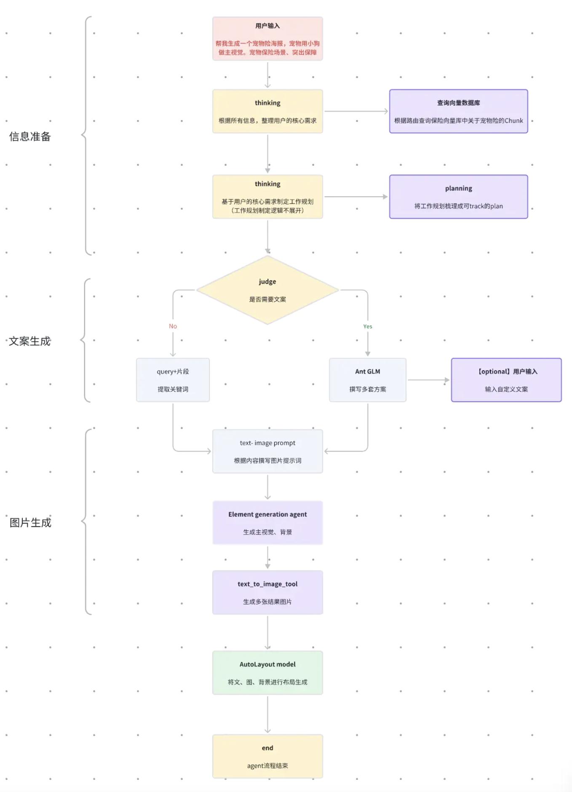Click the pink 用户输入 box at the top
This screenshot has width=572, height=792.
267,39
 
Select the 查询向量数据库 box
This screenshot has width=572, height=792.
458,111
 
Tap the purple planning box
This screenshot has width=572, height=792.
458,197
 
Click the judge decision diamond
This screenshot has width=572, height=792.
267,290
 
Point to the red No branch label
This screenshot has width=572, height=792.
173,326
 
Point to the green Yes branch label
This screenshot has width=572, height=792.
368,326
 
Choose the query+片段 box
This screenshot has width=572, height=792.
173,380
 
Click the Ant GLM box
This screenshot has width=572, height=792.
368,380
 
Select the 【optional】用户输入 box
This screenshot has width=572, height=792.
506,380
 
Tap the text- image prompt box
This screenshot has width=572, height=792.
267,451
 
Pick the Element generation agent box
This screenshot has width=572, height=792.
267,523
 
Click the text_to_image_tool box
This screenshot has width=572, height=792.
267,592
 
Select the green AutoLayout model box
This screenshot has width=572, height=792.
267,673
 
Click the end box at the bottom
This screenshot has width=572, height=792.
267,756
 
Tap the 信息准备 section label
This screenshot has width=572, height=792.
30,136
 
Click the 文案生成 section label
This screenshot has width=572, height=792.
30,341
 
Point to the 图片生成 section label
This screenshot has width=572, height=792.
30,523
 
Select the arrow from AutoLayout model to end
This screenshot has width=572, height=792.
267,714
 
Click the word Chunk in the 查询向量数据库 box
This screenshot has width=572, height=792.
514,120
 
